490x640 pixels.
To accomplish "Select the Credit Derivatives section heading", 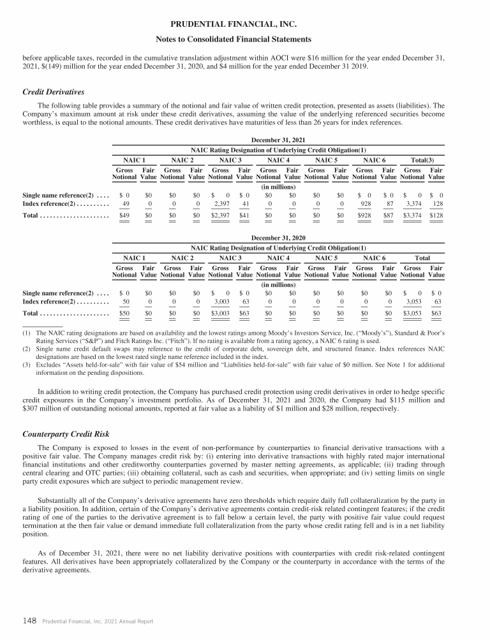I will [54, 92].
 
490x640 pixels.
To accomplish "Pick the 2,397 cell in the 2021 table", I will [222, 204].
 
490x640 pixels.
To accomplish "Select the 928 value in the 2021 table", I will [364, 204].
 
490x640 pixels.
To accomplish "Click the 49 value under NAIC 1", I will [125, 204].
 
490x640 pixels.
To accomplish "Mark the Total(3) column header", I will [424, 159].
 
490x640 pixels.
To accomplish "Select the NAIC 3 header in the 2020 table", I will [230, 258].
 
